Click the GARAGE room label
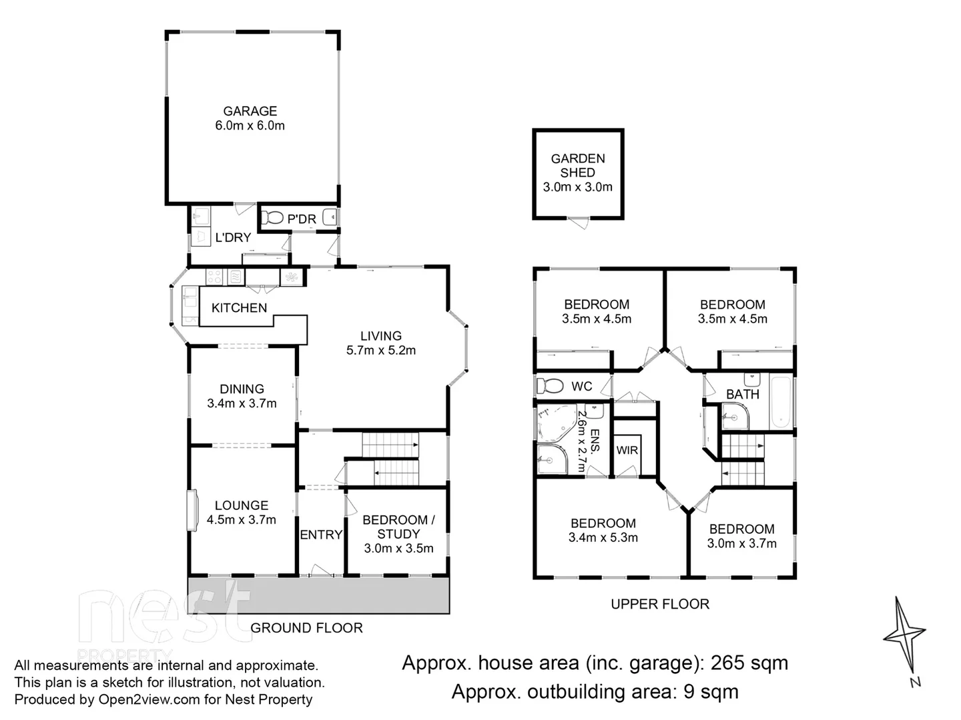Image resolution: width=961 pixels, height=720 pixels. (250, 111)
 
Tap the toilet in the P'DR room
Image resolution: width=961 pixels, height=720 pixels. (272, 218)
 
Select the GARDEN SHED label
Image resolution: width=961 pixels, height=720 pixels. (577, 165)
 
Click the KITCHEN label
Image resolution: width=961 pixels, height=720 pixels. (239, 308)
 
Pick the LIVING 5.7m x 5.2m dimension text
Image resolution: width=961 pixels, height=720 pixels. (380, 351)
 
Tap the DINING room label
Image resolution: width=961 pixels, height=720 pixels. (242, 389)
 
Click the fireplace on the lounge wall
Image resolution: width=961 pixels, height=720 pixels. (192, 511)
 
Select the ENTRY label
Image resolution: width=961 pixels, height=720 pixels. (321, 535)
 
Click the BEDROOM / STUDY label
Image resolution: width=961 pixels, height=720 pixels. (398, 527)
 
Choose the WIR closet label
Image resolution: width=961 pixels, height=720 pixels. (627, 450)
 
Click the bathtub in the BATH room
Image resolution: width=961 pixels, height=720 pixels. (780, 403)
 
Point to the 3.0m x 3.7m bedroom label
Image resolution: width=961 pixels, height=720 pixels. (741, 543)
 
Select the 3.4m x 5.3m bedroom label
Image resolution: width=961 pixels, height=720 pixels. (603, 537)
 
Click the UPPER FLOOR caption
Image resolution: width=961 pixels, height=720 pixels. (660, 604)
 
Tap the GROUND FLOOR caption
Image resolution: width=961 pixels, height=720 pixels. (306, 628)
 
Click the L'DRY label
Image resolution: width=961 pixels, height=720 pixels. (233, 237)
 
